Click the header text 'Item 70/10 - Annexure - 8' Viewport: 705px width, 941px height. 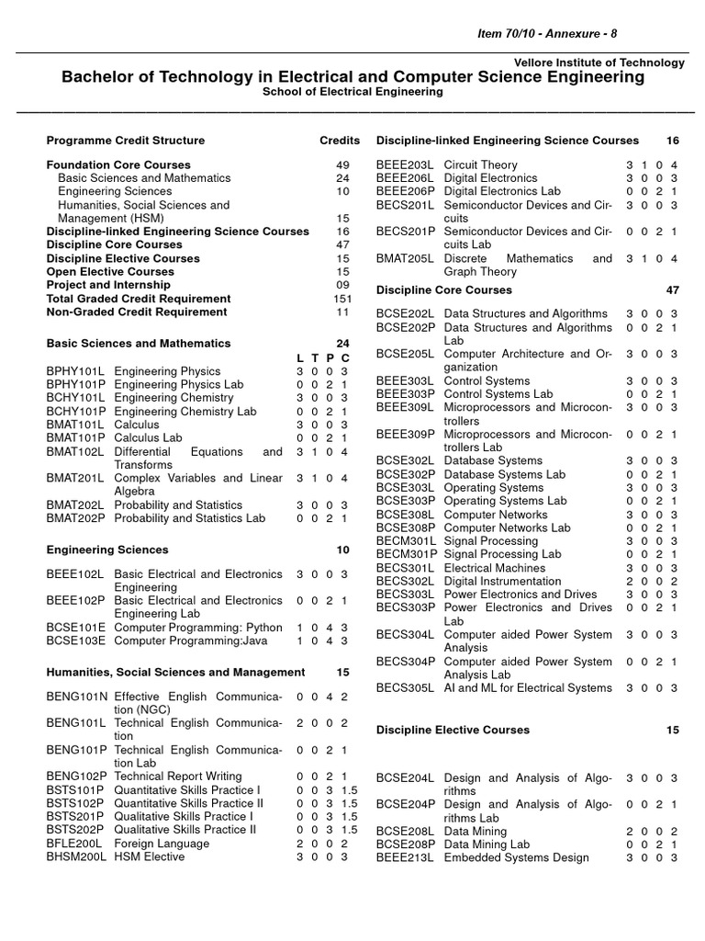(544, 34)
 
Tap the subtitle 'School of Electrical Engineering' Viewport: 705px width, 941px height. (352, 92)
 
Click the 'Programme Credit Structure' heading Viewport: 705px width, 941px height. (126, 141)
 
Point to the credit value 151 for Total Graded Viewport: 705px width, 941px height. (341, 299)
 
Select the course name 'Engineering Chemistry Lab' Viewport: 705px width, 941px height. (185, 412)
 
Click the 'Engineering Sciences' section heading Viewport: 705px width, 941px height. (107, 550)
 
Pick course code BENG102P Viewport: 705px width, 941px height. (77, 777)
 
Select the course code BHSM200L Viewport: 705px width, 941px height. (77, 856)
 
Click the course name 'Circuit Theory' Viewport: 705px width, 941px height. (480, 164)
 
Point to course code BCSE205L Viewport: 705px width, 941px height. (406, 354)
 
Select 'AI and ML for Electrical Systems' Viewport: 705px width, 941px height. (528, 687)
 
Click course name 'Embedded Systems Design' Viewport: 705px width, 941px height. (517, 857)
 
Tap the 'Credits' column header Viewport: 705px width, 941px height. (339, 141)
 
